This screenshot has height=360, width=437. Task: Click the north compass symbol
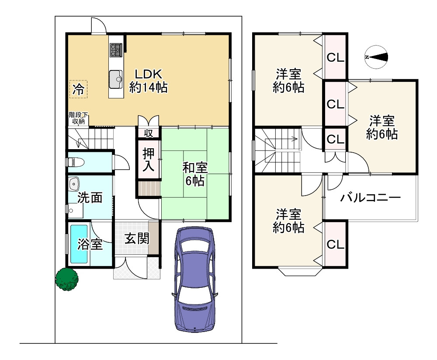[x=376, y=57]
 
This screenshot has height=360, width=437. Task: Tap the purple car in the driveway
[x=194, y=280]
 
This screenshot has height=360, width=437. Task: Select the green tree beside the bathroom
[x=66, y=280]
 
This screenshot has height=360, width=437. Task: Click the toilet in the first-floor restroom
[x=75, y=162]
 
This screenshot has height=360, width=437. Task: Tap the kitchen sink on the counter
[x=116, y=79]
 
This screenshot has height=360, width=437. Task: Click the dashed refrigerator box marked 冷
[x=78, y=89]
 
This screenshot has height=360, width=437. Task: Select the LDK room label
[x=149, y=74]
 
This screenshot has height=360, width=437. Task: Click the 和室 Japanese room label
[x=195, y=168]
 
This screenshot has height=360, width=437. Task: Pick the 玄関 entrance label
[x=137, y=238]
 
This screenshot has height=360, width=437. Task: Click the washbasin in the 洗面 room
[x=74, y=184]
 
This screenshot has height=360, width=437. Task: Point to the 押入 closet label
[x=149, y=160]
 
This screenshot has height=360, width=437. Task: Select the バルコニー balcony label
[x=371, y=198]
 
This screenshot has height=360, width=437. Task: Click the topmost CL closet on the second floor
[x=336, y=57]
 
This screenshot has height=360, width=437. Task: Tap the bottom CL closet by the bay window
[x=336, y=245]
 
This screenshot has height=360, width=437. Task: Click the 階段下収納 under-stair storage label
[x=79, y=118]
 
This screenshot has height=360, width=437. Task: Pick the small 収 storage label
[x=149, y=133]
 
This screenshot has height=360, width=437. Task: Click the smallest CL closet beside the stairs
[x=335, y=139]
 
